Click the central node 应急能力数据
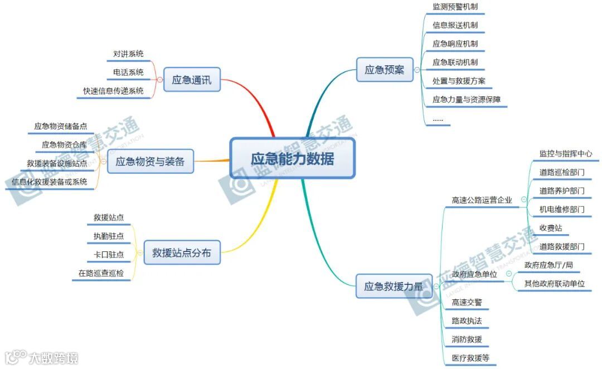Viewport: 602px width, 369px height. [x=293, y=159]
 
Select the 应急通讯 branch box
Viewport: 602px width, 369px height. [x=192, y=80]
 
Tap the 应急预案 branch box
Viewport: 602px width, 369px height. [x=385, y=70]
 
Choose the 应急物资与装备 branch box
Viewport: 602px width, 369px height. [x=150, y=162]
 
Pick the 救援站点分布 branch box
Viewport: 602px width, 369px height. [x=182, y=253]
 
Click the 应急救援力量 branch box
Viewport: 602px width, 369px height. [x=394, y=287]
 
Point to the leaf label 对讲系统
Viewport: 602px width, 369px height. [x=128, y=54]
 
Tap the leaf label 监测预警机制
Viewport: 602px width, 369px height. [x=455, y=7]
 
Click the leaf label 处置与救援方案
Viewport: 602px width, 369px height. [x=459, y=81]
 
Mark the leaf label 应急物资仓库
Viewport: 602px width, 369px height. [x=64, y=145]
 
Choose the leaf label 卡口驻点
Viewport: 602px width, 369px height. [x=108, y=255]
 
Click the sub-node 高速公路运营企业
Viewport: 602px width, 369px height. [x=482, y=200]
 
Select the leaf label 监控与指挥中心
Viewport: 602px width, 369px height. [x=565, y=153]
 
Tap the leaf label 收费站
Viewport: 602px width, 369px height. [x=550, y=228]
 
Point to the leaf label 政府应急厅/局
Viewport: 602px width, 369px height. [x=548, y=265]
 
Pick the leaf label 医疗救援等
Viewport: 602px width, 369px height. [x=470, y=358]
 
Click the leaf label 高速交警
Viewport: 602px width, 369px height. [x=467, y=302]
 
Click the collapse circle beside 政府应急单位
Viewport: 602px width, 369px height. [x=509, y=274]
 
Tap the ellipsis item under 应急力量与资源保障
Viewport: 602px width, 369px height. [x=438, y=119]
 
